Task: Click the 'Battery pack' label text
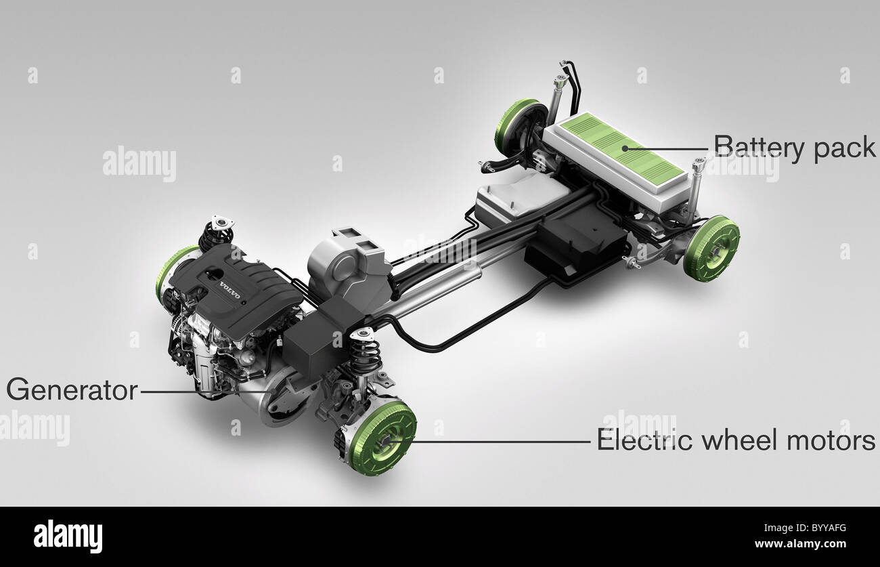[x=795, y=147]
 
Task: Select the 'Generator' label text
[x=71, y=390]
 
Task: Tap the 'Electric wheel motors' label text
[x=736, y=441]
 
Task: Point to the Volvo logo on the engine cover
[x=229, y=293]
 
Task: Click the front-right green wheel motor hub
[x=382, y=438]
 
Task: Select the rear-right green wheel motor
[x=711, y=248]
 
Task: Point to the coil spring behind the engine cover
[x=215, y=234]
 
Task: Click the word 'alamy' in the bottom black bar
[x=68, y=537]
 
